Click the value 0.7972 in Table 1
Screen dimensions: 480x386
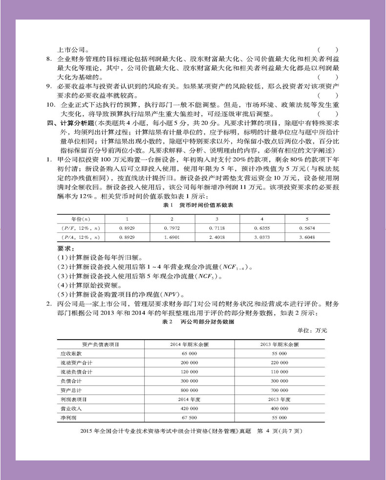click(x=172, y=228)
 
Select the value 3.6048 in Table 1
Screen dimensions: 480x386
click(x=307, y=237)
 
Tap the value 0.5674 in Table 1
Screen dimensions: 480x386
click(x=307, y=228)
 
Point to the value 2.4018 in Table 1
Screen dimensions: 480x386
click(x=217, y=237)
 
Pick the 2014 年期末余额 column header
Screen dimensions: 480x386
click(x=189, y=344)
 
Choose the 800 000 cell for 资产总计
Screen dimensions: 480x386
click(x=189, y=390)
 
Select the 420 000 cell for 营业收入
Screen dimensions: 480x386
click(x=189, y=409)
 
